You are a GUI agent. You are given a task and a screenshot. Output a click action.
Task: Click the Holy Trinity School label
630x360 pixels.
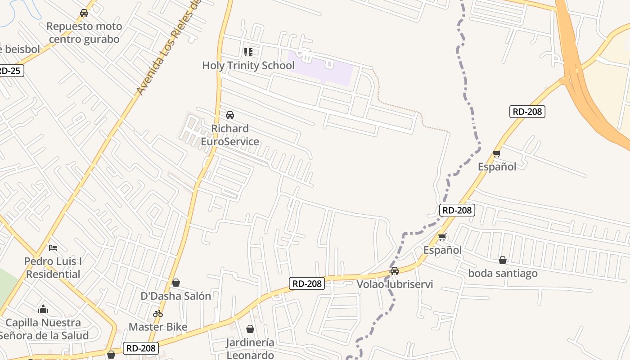248,66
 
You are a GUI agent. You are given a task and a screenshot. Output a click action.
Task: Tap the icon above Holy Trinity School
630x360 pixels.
248,52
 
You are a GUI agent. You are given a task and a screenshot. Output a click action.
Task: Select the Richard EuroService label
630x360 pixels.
229,135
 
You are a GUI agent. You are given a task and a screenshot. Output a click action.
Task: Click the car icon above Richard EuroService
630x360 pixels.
230,115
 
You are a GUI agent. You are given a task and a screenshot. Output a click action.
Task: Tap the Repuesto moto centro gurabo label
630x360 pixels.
84,33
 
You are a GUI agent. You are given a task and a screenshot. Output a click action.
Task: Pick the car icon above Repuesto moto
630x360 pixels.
84,13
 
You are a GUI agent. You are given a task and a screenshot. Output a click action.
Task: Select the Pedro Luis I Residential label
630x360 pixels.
53,268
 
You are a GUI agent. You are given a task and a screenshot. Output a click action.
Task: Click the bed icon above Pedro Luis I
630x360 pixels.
53,247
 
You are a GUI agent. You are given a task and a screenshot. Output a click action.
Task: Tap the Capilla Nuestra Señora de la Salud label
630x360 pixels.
43,329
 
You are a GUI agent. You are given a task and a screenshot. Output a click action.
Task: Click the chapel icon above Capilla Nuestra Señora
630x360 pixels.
43,309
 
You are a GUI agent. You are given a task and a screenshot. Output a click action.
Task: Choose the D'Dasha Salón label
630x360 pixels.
176,296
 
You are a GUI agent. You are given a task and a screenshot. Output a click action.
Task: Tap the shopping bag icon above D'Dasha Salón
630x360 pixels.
176,283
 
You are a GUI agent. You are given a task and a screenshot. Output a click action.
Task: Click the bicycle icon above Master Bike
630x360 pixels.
158,314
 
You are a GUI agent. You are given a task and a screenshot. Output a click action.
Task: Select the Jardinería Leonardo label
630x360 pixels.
250,349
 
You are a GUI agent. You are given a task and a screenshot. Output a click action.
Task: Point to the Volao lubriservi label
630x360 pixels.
395,284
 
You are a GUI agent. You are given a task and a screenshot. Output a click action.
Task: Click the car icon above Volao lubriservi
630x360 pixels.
395,271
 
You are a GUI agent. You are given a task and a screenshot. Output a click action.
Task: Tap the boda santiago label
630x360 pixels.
503,273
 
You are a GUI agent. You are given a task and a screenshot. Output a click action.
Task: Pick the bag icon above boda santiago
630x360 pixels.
503,260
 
